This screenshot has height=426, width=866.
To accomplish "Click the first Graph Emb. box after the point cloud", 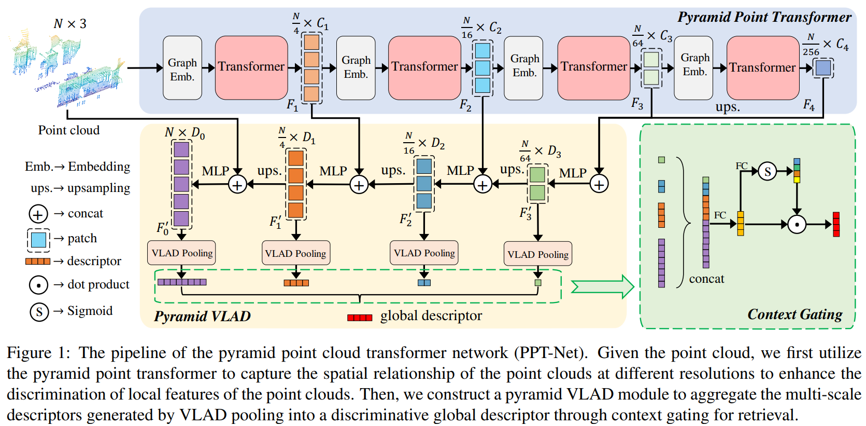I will pyautogui.click(x=182, y=68).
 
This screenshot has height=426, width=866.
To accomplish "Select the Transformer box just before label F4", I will pyautogui.click(x=762, y=67).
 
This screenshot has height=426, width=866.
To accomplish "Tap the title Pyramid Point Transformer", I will pyautogui.click(x=764, y=17).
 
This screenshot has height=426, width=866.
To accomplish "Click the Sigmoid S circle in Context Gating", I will pyautogui.click(x=767, y=171).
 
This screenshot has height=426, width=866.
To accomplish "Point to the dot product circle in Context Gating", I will pyautogui.click(x=797, y=224).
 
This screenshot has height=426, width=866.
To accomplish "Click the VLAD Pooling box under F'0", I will pyautogui.click(x=181, y=253).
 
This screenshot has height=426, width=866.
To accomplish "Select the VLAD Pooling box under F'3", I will pyautogui.click(x=537, y=254).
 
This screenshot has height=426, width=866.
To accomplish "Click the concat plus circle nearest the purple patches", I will pyautogui.click(x=237, y=184).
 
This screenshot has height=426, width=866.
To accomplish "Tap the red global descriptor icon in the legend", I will pyautogui.click(x=360, y=317).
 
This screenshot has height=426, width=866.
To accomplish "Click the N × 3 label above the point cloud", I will pyautogui.click(x=70, y=24).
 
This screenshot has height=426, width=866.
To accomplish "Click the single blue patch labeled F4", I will pyautogui.click(x=822, y=67).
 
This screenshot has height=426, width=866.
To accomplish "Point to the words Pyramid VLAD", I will pyautogui.click(x=202, y=316).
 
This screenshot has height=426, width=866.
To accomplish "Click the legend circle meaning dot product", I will pyautogui.click(x=38, y=285).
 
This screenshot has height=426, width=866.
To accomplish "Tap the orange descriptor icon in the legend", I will pyautogui.click(x=38, y=261).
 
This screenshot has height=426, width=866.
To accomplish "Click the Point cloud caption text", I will pyautogui.click(x=68, y=130).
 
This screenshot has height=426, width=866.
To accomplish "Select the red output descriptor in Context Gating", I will pyautogui.click(x=836, y=224).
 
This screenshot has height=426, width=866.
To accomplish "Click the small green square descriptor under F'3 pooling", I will pyautogui.click(x=537, y=283).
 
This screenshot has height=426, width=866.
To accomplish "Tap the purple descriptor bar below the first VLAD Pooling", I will pyautogui.click(x=181, y=282).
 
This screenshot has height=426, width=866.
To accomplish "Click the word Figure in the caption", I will pyautogui.click(x=29, y=353).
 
